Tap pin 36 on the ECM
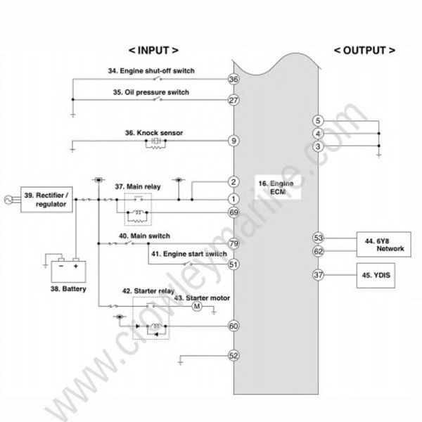[x=234, y=79]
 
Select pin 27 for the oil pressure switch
[x=234, y=101]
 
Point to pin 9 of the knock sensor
[x=234, y=141]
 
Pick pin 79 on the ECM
[x=234, y=244]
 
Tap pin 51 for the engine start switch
[x=234, y=264]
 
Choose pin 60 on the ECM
[x=234, y=326]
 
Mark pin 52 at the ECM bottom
[x=234, y=356]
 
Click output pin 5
[x=318, y=121]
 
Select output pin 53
[x=318, y=238]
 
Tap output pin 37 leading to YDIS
[x=318, y=275]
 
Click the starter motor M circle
[x=198, y=306]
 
